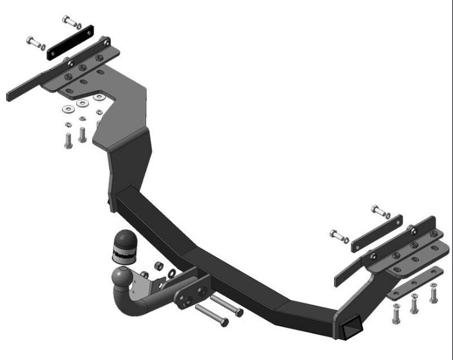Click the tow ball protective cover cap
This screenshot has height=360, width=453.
[x=124, y=247]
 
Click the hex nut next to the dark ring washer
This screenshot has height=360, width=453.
[x=159, y=265]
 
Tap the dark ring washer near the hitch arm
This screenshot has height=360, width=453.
[x=172, y=273]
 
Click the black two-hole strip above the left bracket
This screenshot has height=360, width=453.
[x=70, y=42]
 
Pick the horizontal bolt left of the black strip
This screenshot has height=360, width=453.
[x=36, y=43]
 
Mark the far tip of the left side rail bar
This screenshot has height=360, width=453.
[x=10, y=96]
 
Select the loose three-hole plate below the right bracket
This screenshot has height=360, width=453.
[x=415, y=283]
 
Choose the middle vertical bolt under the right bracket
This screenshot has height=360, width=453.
[x=414, y=304]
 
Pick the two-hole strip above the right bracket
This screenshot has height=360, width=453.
[x=376, y=233]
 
